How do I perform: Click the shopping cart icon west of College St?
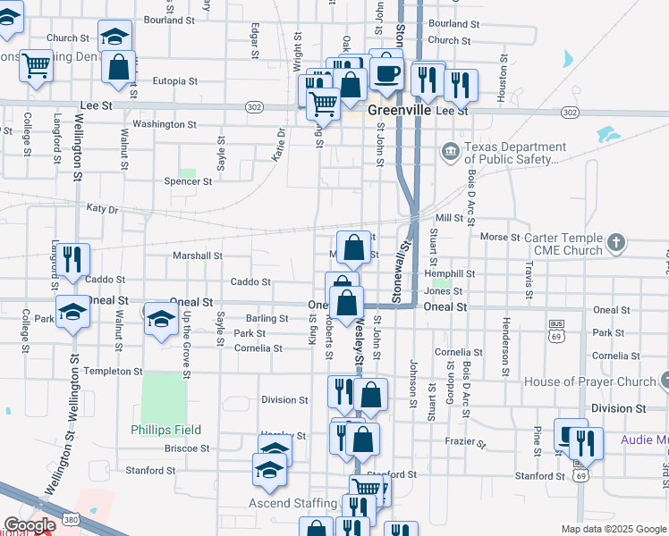[x=36, y=64]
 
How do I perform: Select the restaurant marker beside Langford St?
[x=73, y=259]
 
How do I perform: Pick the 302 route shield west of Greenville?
[x=255, y=106]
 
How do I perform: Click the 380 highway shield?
[x=70, y=518]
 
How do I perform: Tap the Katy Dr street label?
[x=102, y=208]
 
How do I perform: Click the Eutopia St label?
[x=174, y=80]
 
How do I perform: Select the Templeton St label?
[x=107, y=370]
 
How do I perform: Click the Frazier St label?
[x=465, y=442]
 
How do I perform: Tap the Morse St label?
[x=500, y=237]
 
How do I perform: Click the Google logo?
[x=29, y=526]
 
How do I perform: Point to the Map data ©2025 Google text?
[x=613, y=529]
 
